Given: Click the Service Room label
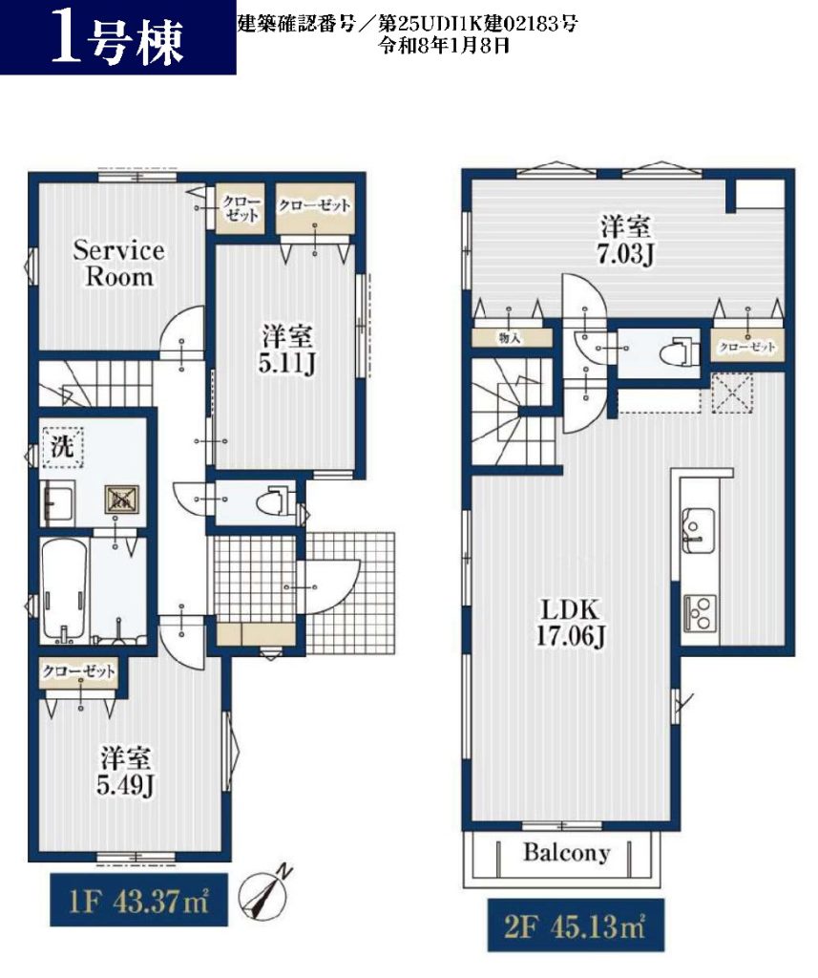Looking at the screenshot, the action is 118,264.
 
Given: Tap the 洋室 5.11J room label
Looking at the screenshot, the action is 286,351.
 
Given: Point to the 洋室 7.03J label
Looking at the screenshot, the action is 625,240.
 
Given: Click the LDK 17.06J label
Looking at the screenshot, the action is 570,623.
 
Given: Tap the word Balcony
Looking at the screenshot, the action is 566,852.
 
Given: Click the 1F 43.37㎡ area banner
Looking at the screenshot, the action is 138,900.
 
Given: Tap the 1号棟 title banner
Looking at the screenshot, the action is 117,37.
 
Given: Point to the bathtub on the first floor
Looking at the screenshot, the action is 64,590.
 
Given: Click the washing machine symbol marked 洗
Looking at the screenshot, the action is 62,447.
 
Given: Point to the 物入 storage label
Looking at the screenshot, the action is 510,337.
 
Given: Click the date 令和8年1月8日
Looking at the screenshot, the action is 445,45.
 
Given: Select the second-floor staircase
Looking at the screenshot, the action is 513,411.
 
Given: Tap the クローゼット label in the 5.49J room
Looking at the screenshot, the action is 78,671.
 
